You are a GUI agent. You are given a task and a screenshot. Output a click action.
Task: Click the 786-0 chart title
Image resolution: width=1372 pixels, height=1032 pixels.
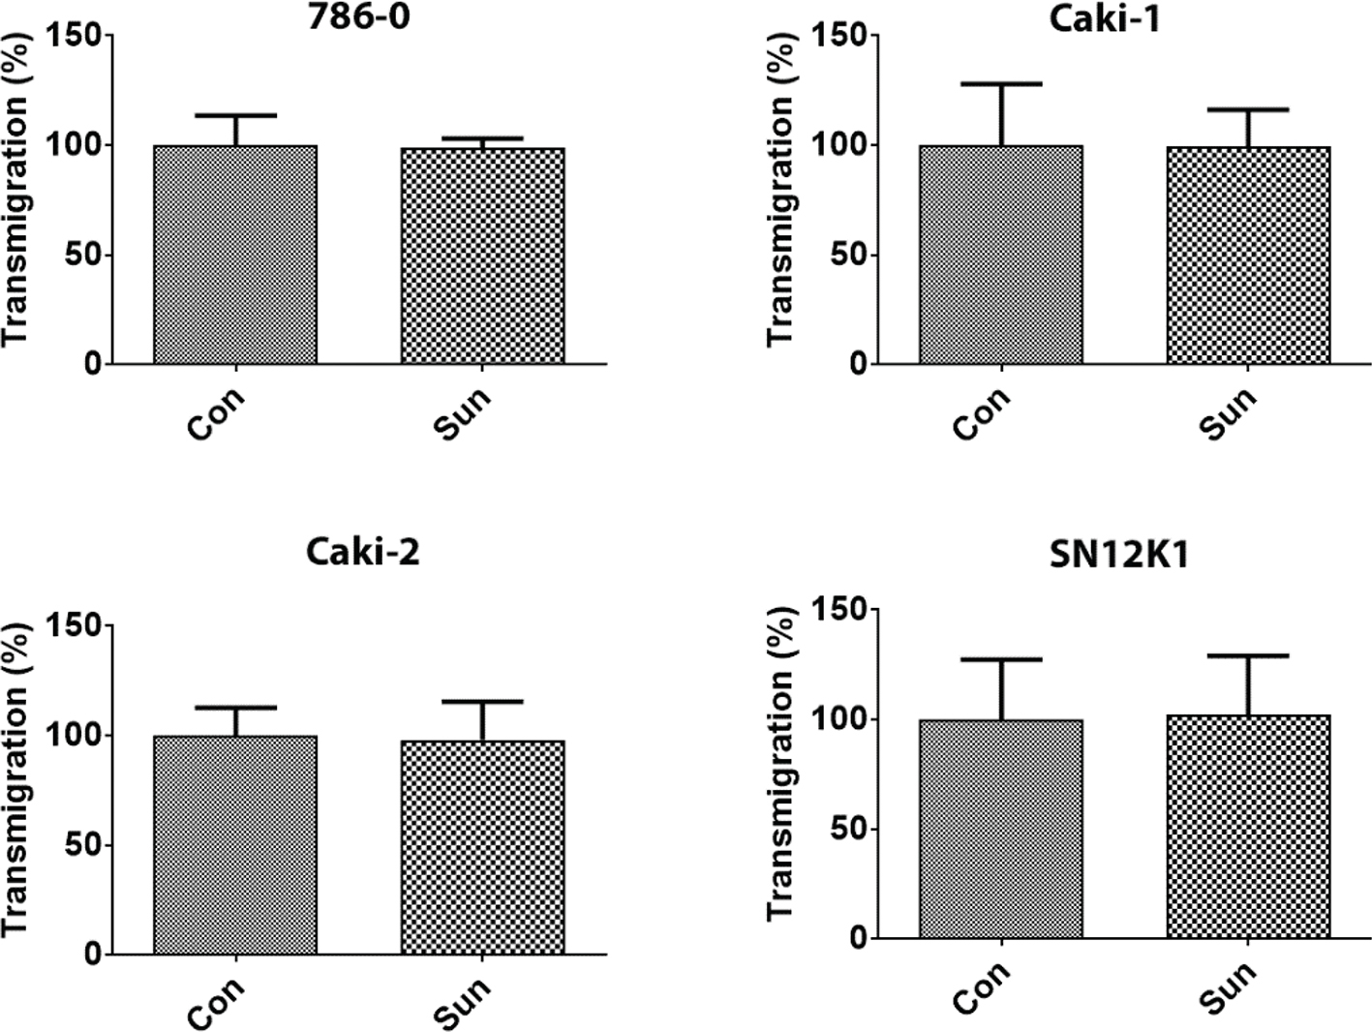(358, 16)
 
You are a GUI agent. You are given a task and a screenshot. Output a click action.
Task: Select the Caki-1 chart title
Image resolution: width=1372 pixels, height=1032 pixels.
(1105, 18)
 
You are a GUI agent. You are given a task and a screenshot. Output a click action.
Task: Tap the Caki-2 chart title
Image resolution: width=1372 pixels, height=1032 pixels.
(362, 552)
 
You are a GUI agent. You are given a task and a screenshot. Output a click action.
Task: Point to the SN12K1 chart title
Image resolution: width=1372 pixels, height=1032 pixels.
(1118, 555)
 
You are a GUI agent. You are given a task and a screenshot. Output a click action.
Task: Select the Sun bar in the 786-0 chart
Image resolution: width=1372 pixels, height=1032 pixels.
(482, 257)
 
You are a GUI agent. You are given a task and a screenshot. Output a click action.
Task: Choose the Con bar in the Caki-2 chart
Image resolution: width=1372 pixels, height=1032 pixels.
(235, 845)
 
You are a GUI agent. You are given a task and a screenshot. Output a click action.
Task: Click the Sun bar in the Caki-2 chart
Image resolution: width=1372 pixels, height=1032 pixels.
(482, 847)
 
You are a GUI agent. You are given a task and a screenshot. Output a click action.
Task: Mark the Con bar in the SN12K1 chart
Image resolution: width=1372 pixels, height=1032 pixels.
(1001, 829)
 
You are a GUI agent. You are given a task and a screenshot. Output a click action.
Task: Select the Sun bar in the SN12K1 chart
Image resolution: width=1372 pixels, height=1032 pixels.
(1248, 827)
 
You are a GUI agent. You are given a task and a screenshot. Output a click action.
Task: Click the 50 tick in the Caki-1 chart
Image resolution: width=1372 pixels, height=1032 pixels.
(848, 256)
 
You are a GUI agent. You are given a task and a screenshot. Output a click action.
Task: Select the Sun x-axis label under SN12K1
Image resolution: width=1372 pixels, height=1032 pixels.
(1228, 987)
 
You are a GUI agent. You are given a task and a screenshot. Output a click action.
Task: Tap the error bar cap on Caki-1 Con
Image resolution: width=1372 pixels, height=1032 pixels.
(1001, 84)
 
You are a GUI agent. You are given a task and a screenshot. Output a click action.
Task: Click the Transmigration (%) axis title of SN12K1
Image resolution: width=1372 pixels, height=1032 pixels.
(780, 765)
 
